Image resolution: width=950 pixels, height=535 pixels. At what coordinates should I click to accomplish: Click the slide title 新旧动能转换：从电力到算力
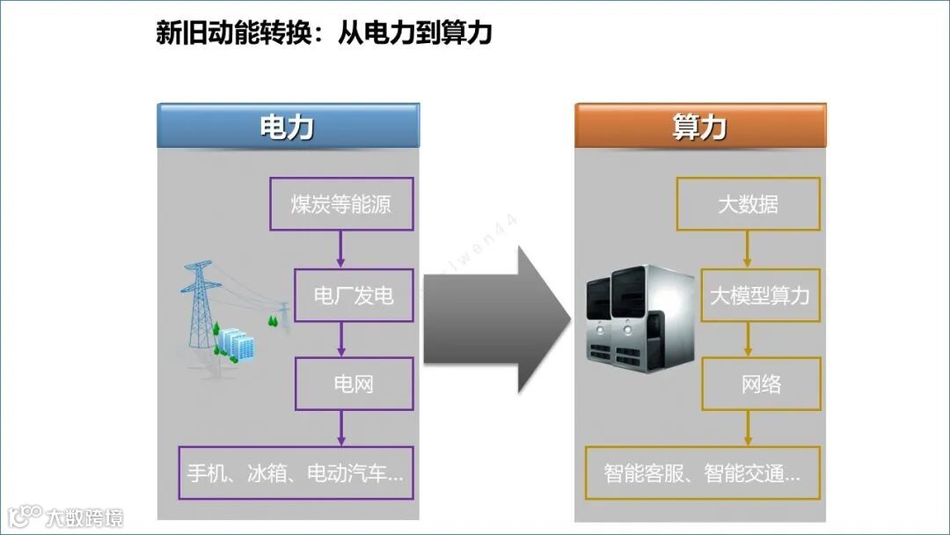pos(323,33)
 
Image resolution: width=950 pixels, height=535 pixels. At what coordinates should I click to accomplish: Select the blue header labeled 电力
pos(288,127)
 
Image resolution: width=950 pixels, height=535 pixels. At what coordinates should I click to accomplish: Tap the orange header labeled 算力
pos(700,127)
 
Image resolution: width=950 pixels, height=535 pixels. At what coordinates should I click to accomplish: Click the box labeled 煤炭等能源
pos(340,205)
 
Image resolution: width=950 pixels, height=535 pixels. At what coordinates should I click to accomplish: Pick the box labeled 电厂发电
pos(354,296)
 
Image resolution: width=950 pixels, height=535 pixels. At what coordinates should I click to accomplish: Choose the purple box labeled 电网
pos(354,384)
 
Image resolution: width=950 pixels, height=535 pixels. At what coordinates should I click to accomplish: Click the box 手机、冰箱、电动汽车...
pos(295,473)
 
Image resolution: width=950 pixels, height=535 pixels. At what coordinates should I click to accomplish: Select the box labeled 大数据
pos(748,205)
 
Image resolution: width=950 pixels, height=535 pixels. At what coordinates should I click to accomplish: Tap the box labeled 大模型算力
pos(760,296)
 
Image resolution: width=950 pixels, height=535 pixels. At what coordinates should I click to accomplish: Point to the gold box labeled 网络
pos(760,384)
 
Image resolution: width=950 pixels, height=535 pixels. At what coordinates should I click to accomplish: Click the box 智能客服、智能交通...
pos(702,473)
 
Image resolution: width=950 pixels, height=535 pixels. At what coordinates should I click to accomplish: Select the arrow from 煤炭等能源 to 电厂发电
pos(340,250)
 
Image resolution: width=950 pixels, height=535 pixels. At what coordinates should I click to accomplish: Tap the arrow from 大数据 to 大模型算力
pos(748,250)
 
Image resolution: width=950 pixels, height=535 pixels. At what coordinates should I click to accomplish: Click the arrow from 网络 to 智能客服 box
pos(749,429)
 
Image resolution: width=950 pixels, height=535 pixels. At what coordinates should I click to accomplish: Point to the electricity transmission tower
pos(200,304)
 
